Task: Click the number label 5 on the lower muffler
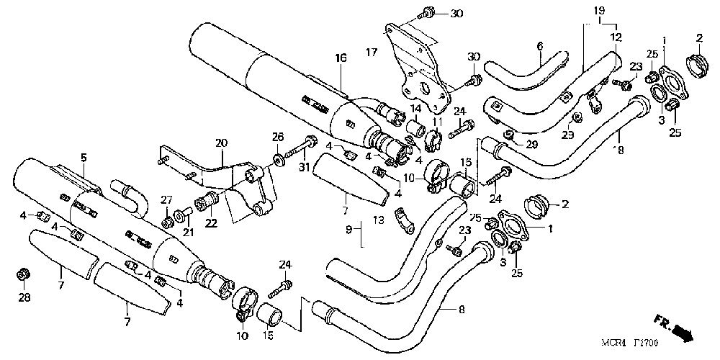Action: [84, 157]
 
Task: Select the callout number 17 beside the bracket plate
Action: [372, 52]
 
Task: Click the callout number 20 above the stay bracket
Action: [220, 143]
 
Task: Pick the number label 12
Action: [616, 36]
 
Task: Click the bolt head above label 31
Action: [312, 140]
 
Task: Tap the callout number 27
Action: [166, 199]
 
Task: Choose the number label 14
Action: [415, 108]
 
